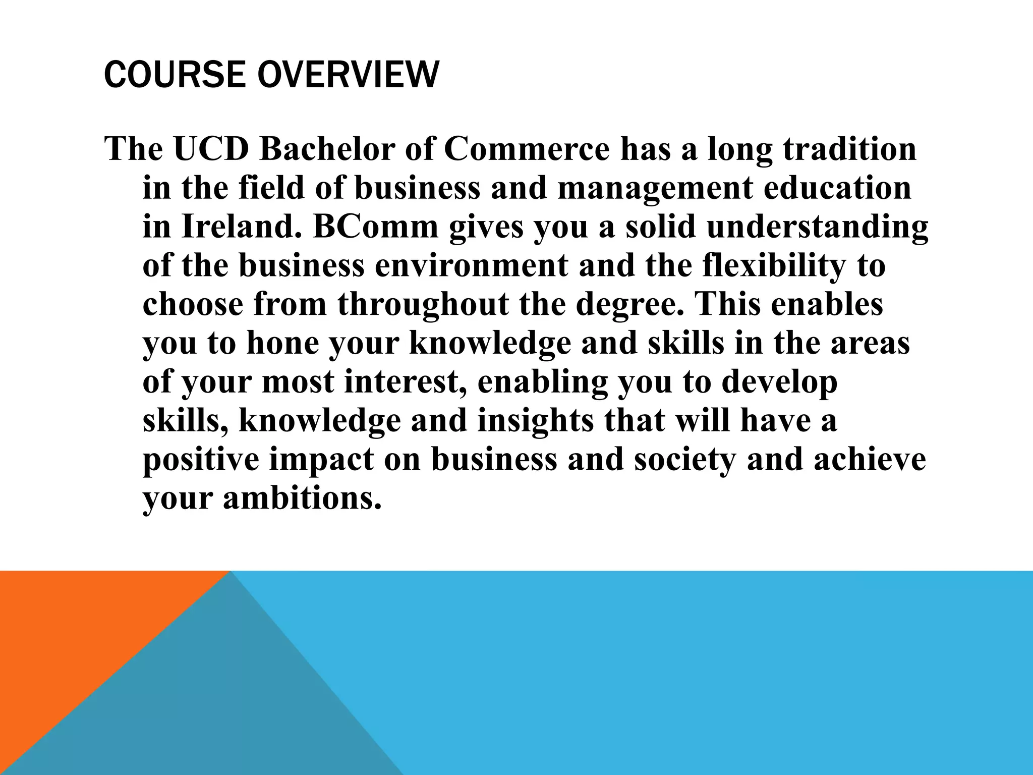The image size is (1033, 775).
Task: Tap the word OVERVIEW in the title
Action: pyautogui.click(x=348, y=75)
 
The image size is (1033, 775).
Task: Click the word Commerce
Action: pyautogui.click(x=527, y=149)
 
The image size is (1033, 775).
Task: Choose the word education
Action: pyautogui.click(x=838, y=188)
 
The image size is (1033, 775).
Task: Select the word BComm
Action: pyautogui.click(x=375, y=227)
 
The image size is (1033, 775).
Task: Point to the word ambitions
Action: pyautogui.click(x=302, y=499)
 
